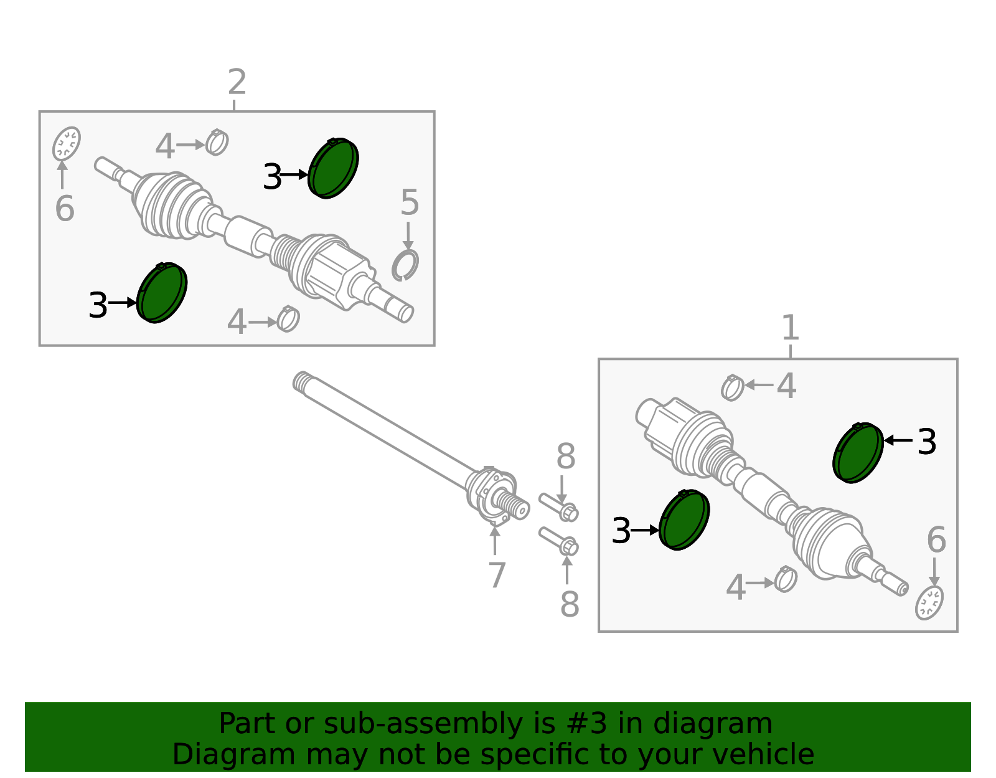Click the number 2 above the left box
[237, 82]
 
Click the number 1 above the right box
[790, 328]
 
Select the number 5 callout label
[409, 203]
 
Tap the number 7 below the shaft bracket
[496, 575]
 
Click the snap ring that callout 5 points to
[405, 266]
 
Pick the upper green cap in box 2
[334, 169]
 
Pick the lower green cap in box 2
[162, 293]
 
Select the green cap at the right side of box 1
[858, 453]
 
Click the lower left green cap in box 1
[684, 520]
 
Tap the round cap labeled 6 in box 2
[66, 143]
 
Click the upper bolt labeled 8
[559, 506]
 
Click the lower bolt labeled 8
[559, 541]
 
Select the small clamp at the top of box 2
[217, 143]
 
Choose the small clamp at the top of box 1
[733, 387]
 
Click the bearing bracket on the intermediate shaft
[492, 493]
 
